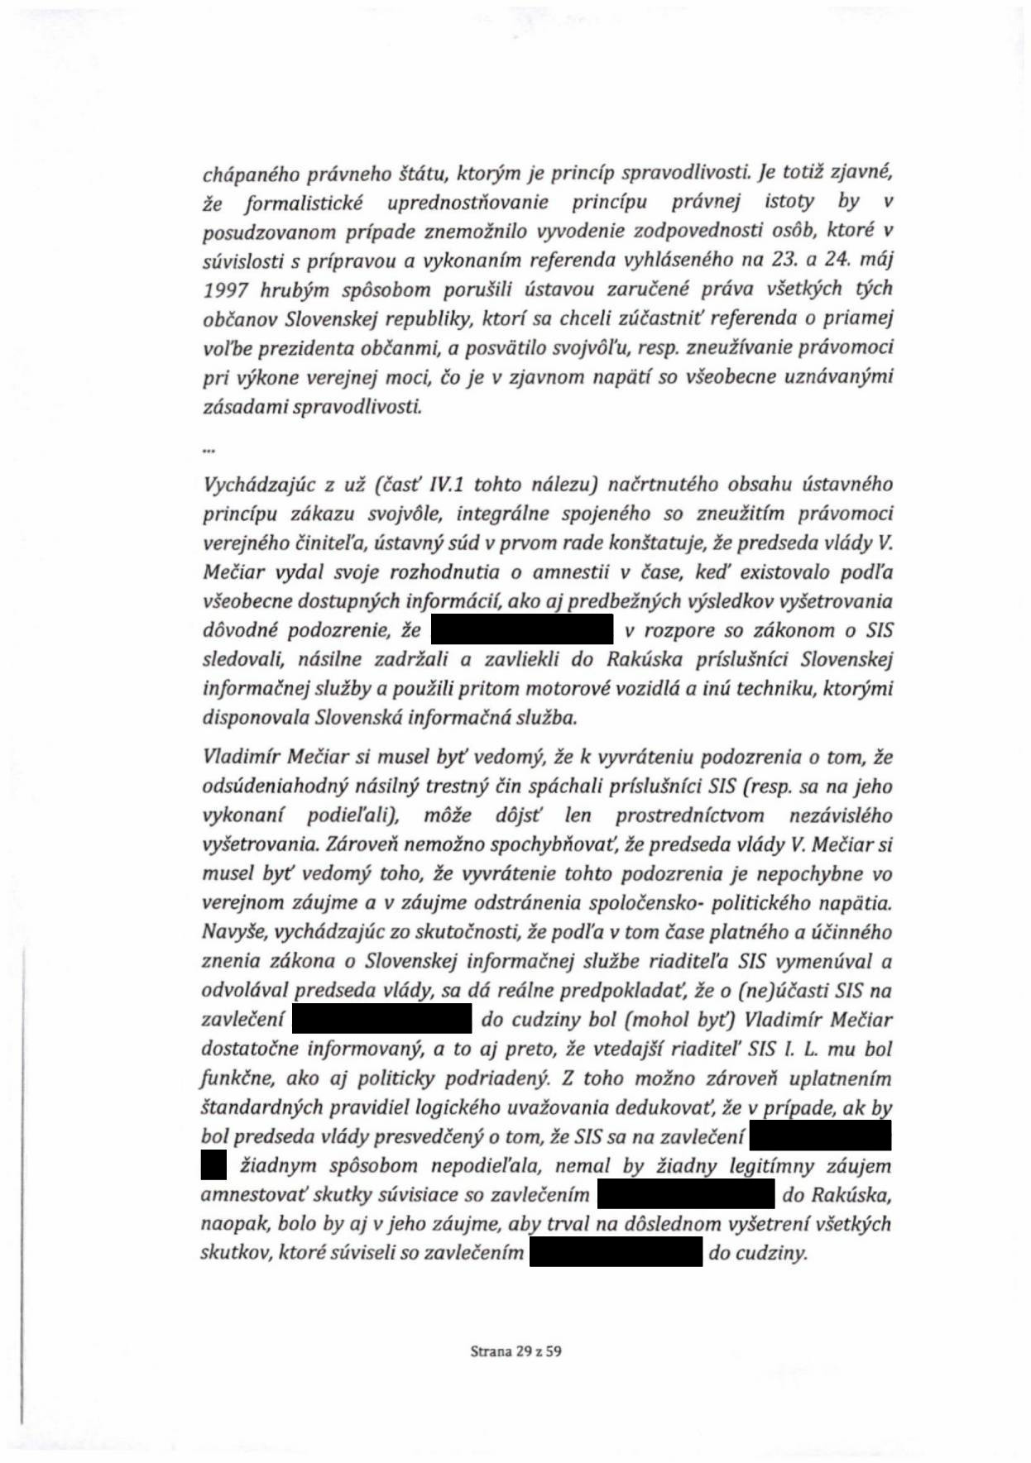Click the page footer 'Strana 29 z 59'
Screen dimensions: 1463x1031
(515, 1352)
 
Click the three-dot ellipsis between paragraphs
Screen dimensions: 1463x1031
(209, 450)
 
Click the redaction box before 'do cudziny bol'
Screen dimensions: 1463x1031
(382, 1020)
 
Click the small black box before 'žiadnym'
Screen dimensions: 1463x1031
(213, 1166)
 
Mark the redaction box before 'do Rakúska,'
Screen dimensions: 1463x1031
(686, 1196)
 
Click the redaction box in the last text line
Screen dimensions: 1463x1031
(616, 1254)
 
